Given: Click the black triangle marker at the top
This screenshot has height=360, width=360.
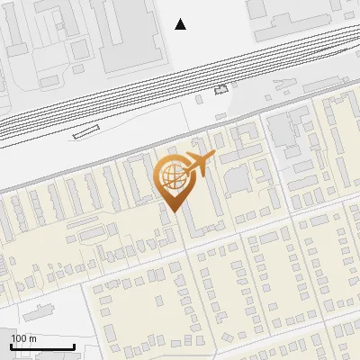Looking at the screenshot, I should pos(181,24).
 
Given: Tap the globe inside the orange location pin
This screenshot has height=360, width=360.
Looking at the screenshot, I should pos(170,176).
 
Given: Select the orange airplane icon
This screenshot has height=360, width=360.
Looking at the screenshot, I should pos(198,164).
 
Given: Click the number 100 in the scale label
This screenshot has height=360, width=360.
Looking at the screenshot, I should pos(18,338).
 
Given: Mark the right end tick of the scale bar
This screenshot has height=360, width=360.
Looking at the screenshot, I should pos(74,346).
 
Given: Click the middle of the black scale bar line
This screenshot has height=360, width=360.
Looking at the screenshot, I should pos(41,347).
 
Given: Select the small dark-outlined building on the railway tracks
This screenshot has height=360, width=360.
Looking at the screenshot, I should pos(221,89).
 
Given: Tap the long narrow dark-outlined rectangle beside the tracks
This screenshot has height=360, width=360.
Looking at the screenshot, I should pos(85,131).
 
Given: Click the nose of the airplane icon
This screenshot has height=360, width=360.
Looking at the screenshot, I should pos(213,157).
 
